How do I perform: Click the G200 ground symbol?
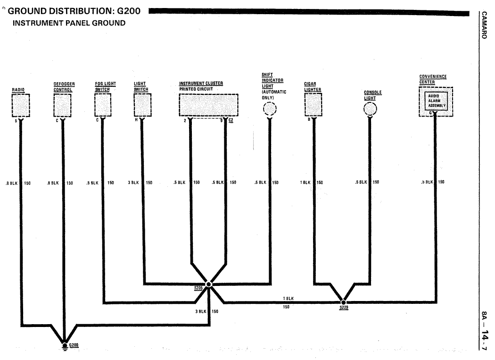pyautogui.click(x=65, y=345)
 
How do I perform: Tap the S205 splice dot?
pyautogui.click(x=209, y=284)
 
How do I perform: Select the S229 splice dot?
pyautogui.click(x=344, y=302)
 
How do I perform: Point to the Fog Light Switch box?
pyautogui.click(x=102, y=105)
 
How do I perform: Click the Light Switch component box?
pyautogui.click(x=142, y=105)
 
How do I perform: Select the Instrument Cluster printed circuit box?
pyautogui.click(x=208, y=105)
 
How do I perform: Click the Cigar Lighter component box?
pyautogui.click(x=313, y=105)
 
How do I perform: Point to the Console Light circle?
pyautogui.click(x=371, y=109)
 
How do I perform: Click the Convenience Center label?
pyautogui.click(x=433, y=79)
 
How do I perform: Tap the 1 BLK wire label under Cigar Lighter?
pyautogui.click(x=306, y=182)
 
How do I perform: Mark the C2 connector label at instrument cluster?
pyautogui.click(x=231, y=121)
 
